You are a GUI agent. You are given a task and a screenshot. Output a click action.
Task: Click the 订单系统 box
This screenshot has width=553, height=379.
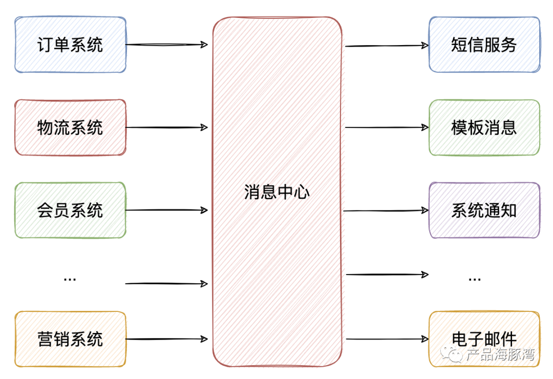(x=70, y=45)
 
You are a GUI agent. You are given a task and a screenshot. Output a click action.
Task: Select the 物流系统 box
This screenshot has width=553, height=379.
(x=70, y=128)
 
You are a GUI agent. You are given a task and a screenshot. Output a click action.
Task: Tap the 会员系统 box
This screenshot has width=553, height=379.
(x=70, y=210)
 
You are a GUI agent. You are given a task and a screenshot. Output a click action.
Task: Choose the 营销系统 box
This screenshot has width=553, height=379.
(x=70, y=339)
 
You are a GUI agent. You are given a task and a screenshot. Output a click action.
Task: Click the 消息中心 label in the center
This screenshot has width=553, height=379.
(x=277, y=193)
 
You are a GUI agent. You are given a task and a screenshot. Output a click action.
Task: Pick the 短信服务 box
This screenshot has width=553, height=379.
(x=484, y=45)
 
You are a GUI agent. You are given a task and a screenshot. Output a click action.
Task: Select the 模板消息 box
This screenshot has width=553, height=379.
(x=484, y=128)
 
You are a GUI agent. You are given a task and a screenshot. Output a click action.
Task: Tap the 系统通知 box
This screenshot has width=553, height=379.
(x=484, y=210)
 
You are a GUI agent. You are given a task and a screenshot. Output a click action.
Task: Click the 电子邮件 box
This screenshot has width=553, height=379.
(x=484, y=339)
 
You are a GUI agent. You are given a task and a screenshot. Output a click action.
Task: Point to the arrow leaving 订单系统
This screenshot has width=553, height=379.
(x=167, y=45)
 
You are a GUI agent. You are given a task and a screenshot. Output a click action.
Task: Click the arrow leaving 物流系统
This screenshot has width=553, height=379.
(x=167, y=128)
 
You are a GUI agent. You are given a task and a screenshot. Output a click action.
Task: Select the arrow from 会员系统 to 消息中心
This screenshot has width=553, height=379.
(x=167, y=210)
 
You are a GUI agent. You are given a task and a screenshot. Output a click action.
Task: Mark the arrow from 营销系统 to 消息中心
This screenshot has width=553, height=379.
(x=167, y=339)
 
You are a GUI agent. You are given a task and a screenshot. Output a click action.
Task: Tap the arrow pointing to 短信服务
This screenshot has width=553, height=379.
(x=387, y=46)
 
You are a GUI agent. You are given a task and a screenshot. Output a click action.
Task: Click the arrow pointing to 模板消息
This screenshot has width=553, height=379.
(x=387, y=128)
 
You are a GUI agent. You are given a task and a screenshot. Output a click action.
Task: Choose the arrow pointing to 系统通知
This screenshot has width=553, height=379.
(x=387, y=210)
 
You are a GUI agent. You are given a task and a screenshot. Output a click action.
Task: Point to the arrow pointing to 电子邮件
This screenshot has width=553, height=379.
(x=387, y=339)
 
